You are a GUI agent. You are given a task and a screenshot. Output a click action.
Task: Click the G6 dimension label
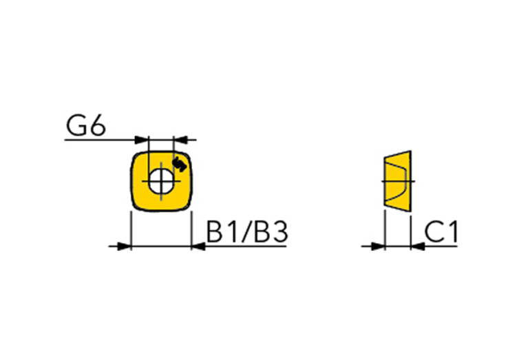86,125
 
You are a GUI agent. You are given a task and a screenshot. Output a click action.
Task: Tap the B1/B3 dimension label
247,232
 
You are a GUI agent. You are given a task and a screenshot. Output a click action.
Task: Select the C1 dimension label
441,232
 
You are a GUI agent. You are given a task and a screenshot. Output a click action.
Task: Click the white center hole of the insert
161,181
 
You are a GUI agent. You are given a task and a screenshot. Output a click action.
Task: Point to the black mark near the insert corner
180,165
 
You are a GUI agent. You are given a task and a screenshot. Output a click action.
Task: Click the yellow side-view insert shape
398,181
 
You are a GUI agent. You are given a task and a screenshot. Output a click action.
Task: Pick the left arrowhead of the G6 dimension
141,139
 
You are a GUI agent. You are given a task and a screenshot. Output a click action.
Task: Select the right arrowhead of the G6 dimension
180,139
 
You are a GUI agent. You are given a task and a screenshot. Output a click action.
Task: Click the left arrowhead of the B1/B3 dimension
124,246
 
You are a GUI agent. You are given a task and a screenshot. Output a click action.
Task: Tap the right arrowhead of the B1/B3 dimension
198,246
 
